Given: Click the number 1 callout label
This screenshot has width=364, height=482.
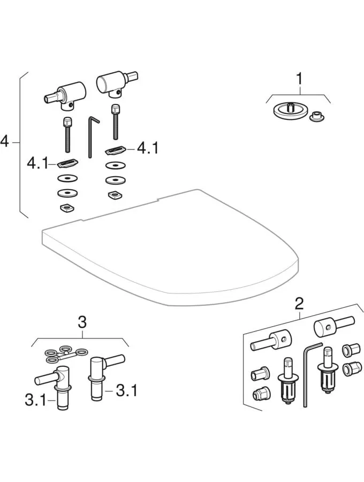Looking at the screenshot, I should [299, 79].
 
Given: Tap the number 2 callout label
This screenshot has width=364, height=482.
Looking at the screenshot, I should [299, 304].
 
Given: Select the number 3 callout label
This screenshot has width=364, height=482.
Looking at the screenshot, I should [81, 322].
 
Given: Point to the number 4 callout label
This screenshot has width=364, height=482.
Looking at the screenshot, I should [5, 142].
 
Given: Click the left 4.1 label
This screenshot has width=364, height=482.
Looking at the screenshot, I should [38, 161].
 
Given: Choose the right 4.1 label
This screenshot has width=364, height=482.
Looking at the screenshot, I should [147, 148].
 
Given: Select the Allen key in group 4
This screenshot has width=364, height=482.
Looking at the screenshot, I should [92, 137].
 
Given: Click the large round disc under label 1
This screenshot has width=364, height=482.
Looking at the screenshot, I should [290, 111].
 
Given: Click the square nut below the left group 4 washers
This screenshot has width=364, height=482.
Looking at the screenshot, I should [67, 208].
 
